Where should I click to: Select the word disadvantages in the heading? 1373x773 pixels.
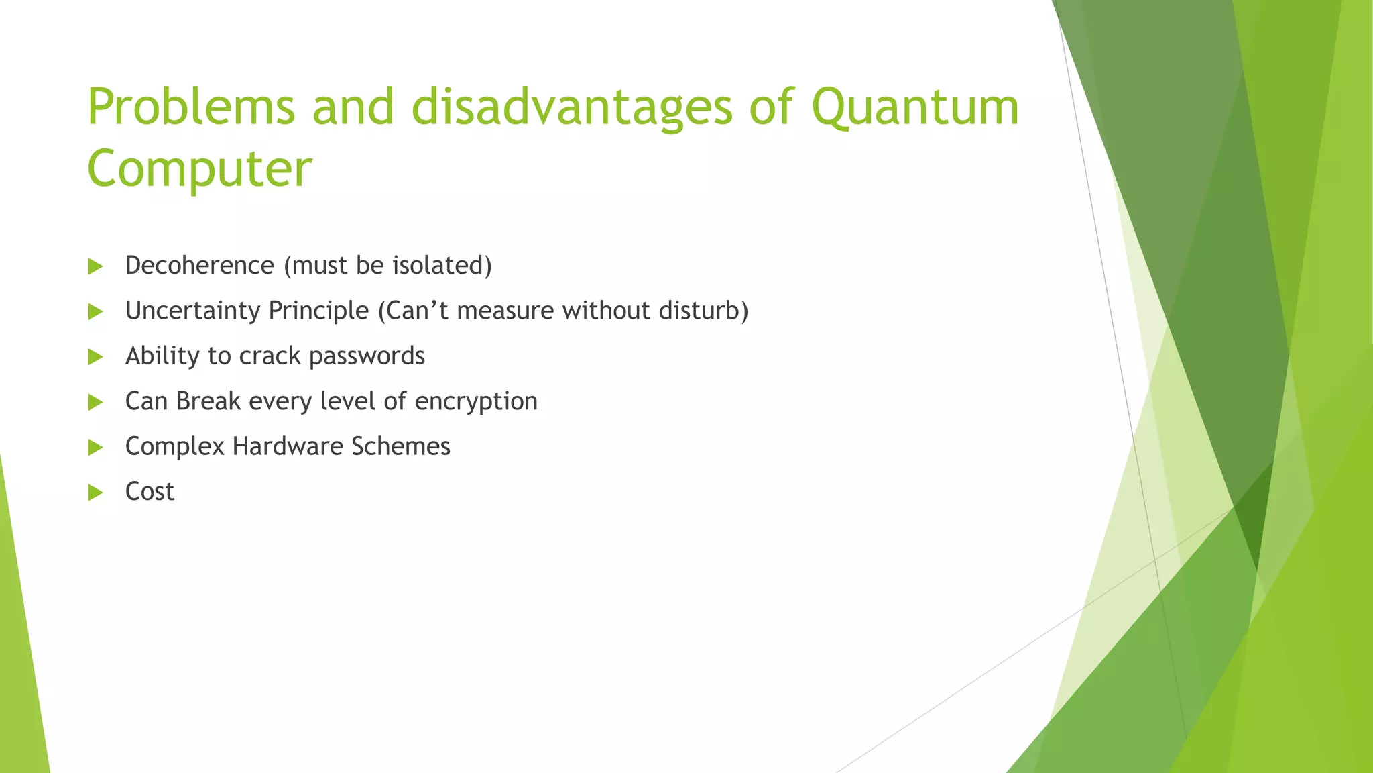tap(572, 107)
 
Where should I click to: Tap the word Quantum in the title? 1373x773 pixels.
tap(915, 107)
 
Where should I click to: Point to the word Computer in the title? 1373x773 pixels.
tap(199, 168)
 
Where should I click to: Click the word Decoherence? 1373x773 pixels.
tap(199, 266)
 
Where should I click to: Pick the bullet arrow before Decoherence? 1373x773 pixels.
tap(95, 266)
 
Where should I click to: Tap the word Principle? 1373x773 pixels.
tap(318, 311)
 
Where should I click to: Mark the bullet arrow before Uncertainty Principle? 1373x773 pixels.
tap(95, 311)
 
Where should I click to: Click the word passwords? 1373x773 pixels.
tap(367, 356)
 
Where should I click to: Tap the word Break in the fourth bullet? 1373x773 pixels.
tap(208, 401)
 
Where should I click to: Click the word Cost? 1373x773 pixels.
tap(150, 492)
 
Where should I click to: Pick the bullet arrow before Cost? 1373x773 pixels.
tap(95, 493)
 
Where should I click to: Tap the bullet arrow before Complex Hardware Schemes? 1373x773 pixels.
tap(95, 447)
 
